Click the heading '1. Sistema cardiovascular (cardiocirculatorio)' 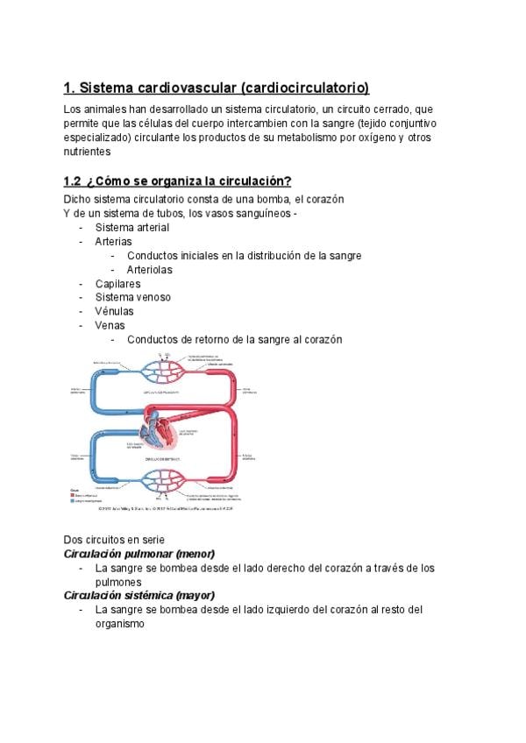(x=217, y=88)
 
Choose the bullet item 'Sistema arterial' (x=132, y=228)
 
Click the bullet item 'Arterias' (x=114, y=242)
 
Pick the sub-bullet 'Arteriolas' (x=149, y=270)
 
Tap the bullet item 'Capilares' (x=117, y=284)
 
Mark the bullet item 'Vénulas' (x=115, y=312)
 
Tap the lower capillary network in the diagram (x=164, y=478)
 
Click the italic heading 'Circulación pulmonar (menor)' (x=139, y=555)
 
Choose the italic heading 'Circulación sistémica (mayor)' (x=139, y=596)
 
